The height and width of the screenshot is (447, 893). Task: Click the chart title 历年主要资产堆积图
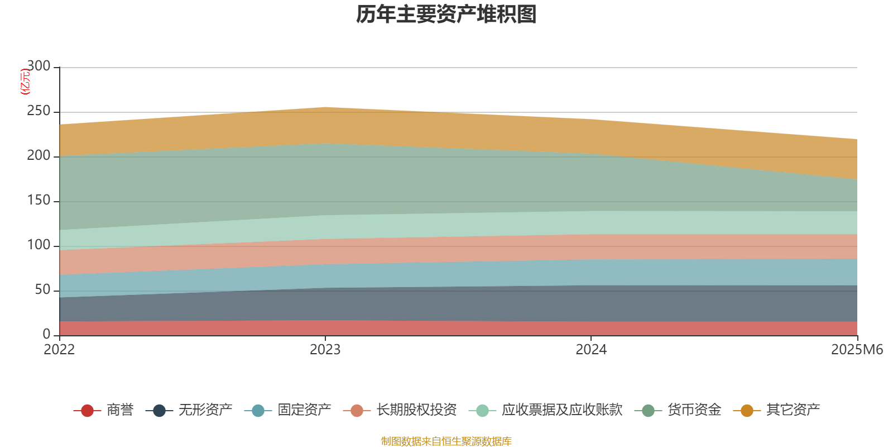click(x=446, y=15)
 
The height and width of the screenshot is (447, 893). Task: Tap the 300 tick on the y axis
click(x=39, y=66)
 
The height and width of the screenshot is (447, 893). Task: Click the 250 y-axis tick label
click(x=39, y=111)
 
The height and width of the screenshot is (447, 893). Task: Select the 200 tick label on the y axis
click(x=39, y=156)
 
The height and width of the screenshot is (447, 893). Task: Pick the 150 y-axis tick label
click(x=39, y=201)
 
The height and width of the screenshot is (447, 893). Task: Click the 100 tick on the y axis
click(x=39, y=245)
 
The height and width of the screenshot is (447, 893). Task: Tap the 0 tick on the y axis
click(x=46, y=335)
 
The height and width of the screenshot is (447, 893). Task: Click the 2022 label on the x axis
click(x=59, y=350)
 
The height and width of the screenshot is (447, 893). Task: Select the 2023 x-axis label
click(x=325, y=350)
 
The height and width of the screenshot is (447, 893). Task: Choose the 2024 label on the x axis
click(x=591, y=350)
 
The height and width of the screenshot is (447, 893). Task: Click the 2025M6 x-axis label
click(x=857, y=350)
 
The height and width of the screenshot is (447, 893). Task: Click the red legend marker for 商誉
click(x=87, y=411)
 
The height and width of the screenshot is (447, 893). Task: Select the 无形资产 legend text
click(x=205, y=410)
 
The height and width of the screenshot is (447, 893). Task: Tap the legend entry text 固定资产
click(x=304, y=410)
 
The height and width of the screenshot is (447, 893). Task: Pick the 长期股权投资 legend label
click(x=416, y=410)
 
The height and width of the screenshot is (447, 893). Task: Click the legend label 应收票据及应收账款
click(x=561, y=410)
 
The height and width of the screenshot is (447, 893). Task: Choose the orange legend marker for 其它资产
click(x=747, y=411)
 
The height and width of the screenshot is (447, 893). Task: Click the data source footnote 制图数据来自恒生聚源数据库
click(x=446, y=441)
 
